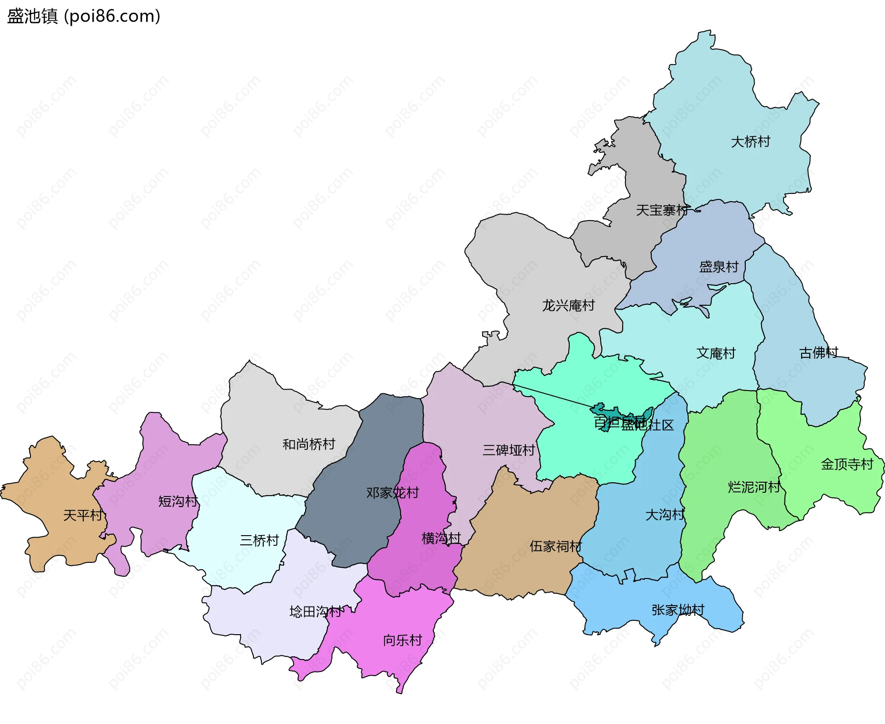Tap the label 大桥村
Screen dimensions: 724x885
[x=750, y=141]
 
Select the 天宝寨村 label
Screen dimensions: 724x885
[x=662, y=210]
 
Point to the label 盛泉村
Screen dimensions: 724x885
[x=719, y=267]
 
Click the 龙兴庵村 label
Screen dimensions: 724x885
[x=568, y=305]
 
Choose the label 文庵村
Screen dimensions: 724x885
[x=715, y=353]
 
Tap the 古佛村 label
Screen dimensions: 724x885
[x=818, y=353]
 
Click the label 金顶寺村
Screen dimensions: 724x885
[x=847, y=464]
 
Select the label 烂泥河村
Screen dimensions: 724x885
[x=754, y=487]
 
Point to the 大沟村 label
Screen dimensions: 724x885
[x=665, y=514]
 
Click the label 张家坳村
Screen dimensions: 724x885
[x=678, y=610]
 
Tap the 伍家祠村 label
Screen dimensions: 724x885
[x=555, y=546]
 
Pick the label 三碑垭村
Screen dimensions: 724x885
[x=508, y=450]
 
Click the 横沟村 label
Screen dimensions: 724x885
[x=441, y=538]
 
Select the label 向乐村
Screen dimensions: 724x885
[x=402, y=640]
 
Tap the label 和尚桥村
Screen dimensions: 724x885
[x=308, y=444]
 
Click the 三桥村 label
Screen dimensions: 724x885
[x=259, y=540]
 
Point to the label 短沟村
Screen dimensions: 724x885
[x=178, y=501]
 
